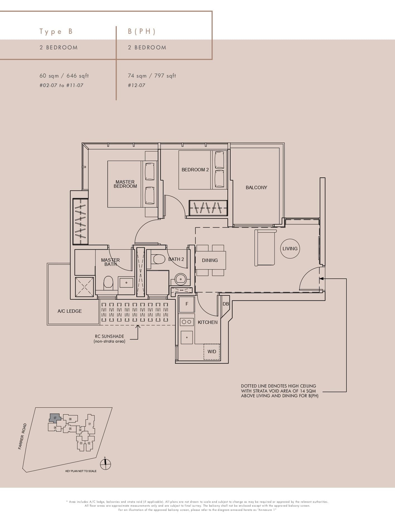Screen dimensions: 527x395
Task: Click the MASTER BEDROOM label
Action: [x=125, y=184]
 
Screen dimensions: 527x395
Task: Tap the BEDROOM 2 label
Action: [x=195, y=170]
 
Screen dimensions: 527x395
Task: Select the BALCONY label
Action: [x=256, y=187]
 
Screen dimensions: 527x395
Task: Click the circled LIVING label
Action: [x=290, y=249]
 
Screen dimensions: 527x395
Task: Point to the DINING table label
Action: [x=210, y=260]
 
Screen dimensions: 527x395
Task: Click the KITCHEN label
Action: [x=207, y=322]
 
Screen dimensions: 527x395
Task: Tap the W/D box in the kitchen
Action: [x=212, y=352]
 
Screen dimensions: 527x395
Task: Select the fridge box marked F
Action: [x=187, y=304]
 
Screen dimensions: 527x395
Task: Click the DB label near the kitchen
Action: [x=226, y=304]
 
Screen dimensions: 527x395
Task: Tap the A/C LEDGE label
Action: [x=70, y=311]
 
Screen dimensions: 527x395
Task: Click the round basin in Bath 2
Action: [x=181, y=278]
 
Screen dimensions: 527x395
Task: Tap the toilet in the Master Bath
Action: [x=108, y=282]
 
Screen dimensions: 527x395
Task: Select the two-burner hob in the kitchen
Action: [x=186, y=322]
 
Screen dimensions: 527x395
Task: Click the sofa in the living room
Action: [x=265, y=248]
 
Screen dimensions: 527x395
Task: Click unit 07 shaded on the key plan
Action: [x=55, y=418]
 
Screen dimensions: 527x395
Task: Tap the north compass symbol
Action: [x=105, y=465]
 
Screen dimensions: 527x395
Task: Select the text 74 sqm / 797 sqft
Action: [x=152, y=76]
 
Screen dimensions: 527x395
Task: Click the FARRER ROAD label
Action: [x=22, y=436]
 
